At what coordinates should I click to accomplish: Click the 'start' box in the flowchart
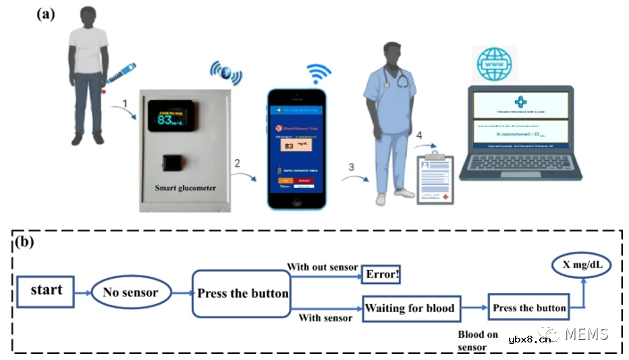pos(46,291)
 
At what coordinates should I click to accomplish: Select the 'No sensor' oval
pos(130,292)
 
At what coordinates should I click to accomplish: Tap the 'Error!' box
pos(381,275)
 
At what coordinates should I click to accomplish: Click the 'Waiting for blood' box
pos(412,308)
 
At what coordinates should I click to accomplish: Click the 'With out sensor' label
pos(323,267)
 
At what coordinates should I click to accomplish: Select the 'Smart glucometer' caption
pos(185,188)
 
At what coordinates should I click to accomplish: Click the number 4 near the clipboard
pos(420,136)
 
